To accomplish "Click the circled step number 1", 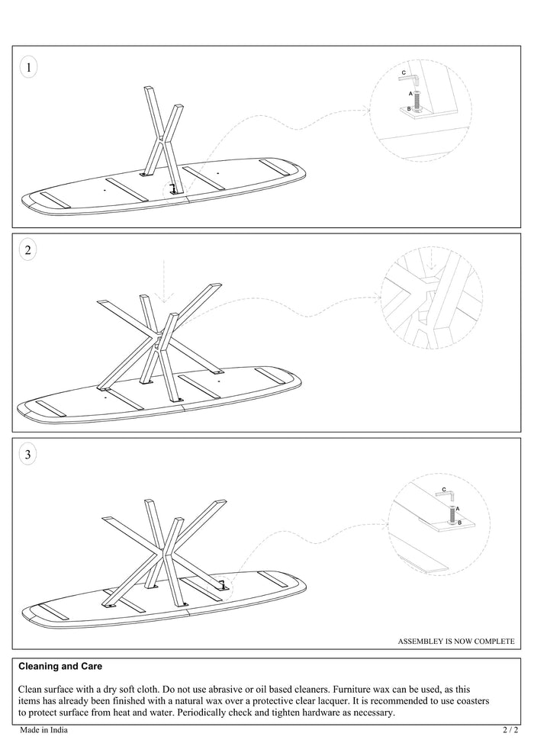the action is pyautogui.click(x=28, y=67).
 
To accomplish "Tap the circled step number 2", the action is pyautogui.click(x=28, y=249).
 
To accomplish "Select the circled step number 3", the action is pyautogui.click(x=28, y=454).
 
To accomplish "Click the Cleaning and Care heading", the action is pyautogui.click(x=60, y=666).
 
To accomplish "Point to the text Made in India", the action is pyautogui.click(x=43, y=730).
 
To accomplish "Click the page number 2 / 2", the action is pyautogui.click(x=510, y=730).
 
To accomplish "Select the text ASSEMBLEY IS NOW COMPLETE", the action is pyautogui.click(x=456, y=642).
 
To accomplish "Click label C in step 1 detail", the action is pyautogui.click(x=404, y=72).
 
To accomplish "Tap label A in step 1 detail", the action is pyautogui.click(x=410, y=94).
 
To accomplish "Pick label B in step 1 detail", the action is pyautogui.click(x=409, y=109).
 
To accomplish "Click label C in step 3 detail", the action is pyautogui.click(x=444, y=489).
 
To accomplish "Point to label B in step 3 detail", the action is pyautogui.click(x=459, y=523).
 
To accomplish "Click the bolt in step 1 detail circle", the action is pyautogui.click(x=417, y=100).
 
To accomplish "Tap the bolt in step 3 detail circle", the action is pyautogui.click(x=452, y=514).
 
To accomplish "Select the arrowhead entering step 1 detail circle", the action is pyautogui.click(x=366, y=111).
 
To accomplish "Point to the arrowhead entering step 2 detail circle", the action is pyautogui.click(x=378, y=295).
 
